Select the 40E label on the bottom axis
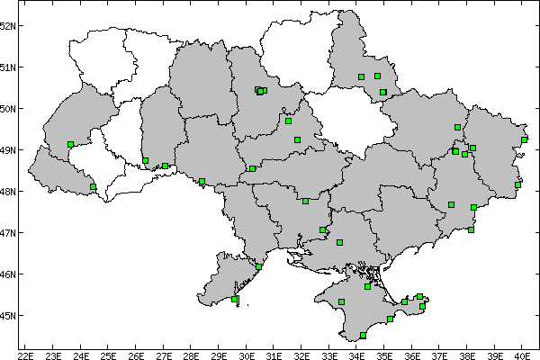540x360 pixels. click(522, 353)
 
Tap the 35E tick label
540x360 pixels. click(384, 353)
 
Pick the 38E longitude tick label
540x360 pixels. click(467, 353)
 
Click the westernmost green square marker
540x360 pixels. click(70, 144)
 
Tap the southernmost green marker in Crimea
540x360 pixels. click(363, 335)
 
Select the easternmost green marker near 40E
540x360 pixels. click(524, 139)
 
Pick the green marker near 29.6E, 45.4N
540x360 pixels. click(235, 299)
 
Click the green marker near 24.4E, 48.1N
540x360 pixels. click(93, 186)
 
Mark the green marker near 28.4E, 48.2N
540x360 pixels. click(202, 181)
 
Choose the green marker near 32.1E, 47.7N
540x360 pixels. click(305, 201)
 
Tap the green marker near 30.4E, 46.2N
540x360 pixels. click(258, 266)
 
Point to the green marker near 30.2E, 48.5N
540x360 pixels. click(252, 168)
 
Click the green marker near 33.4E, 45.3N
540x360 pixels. click(341, 301)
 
